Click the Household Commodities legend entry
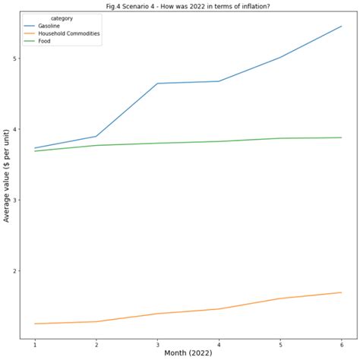pos(68,33)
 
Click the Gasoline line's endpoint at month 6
pos(341,27)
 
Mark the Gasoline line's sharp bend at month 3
pos(157,84)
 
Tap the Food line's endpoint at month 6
pos(341,137)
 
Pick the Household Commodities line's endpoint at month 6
pos(341,292)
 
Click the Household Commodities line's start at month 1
pos(35,324)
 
